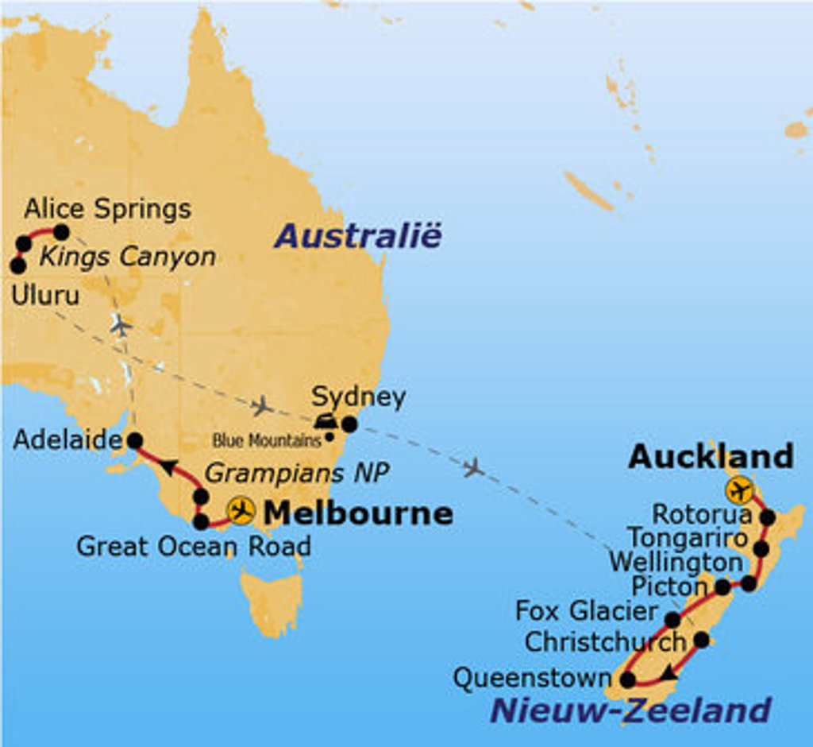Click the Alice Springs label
(x=107, y=209)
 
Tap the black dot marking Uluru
(x=17, y=265)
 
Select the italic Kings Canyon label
(x=128, y=257)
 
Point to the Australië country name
(x=357, y=236)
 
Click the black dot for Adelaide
(x=135, y=439)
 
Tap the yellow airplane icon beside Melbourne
(x=241, y=510)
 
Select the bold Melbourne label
(x=357, y=513)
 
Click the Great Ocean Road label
(x=193, y=546)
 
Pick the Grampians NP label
(x=297, y=474)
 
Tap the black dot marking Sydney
(x=349, y=424)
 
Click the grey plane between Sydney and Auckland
(x=473, y=467)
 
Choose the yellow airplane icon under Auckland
(x=740, y=490)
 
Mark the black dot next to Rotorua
(x=768, y=517)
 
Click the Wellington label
(x=676, y=562)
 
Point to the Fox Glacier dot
(x=672, y=619)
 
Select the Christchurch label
(x=605, y=641)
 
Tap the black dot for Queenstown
(x=627, y=679)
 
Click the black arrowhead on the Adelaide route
(x=168, y=466)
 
